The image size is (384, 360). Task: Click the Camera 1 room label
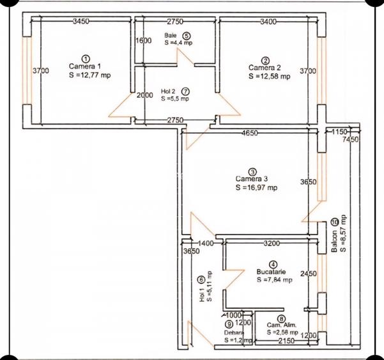point(85,66)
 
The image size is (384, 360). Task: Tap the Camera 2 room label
point(265,67)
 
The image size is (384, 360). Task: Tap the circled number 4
point(273,263)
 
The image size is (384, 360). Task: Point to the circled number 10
point(335,222)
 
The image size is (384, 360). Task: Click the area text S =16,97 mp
point(256,188)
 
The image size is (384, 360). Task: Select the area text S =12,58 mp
point(269,76)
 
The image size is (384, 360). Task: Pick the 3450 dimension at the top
point(81,21)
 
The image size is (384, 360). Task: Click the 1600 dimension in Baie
point(144,40)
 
